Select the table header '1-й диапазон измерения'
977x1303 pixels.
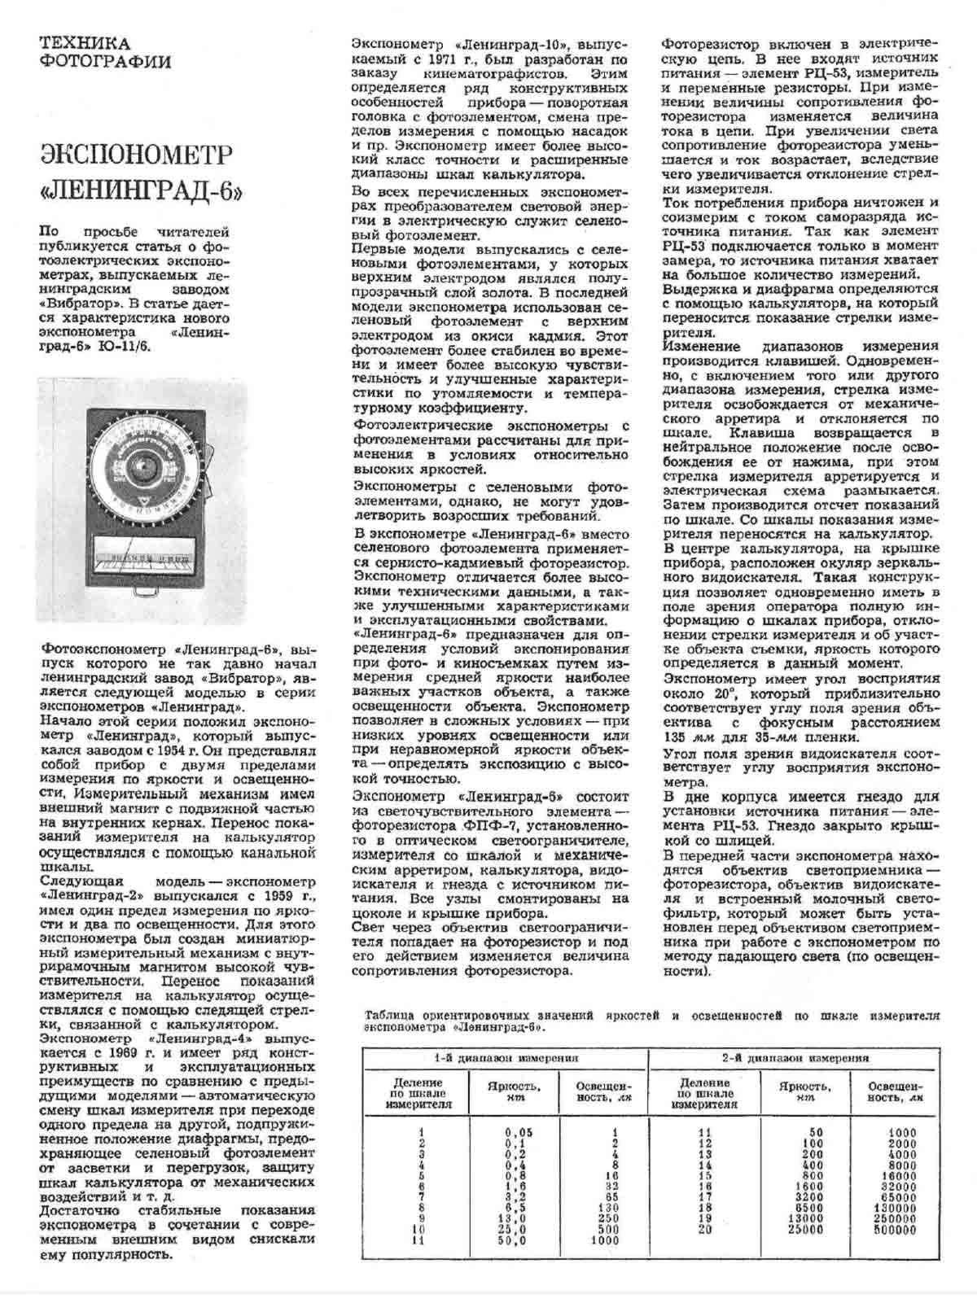(x=505, y=1059)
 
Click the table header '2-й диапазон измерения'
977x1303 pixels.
(x=795, y=1059)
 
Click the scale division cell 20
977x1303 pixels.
(x=704, y=1231)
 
